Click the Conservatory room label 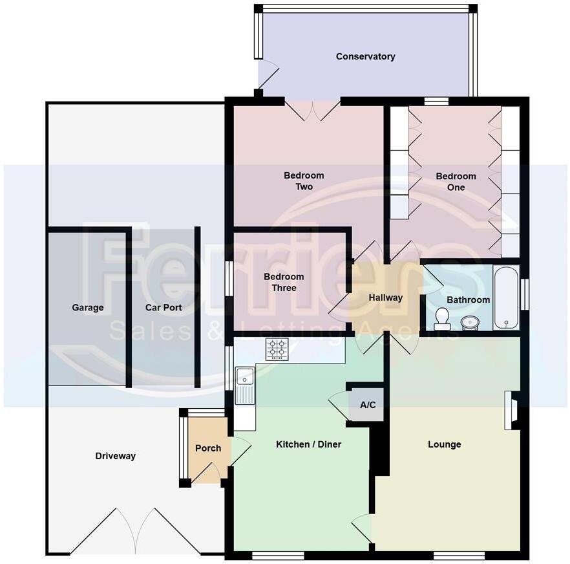click(365, 56)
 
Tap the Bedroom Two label click(304, 181)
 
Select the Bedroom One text click(456, 182)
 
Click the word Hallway click(386, 298)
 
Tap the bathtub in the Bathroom click(506, 298)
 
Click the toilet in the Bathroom click(443, 318)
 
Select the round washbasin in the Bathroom click(470, 321)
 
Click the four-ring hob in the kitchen click(277, 349)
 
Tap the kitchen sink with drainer click(245, 385)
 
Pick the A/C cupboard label click(368, 406)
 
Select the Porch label click(208, 448)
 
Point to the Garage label click(88, 308)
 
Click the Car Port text click(164, 308)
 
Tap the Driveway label click(116, 456)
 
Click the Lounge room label click(445, 444)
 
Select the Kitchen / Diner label click(308, 444)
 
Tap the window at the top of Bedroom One click(436, 101)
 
